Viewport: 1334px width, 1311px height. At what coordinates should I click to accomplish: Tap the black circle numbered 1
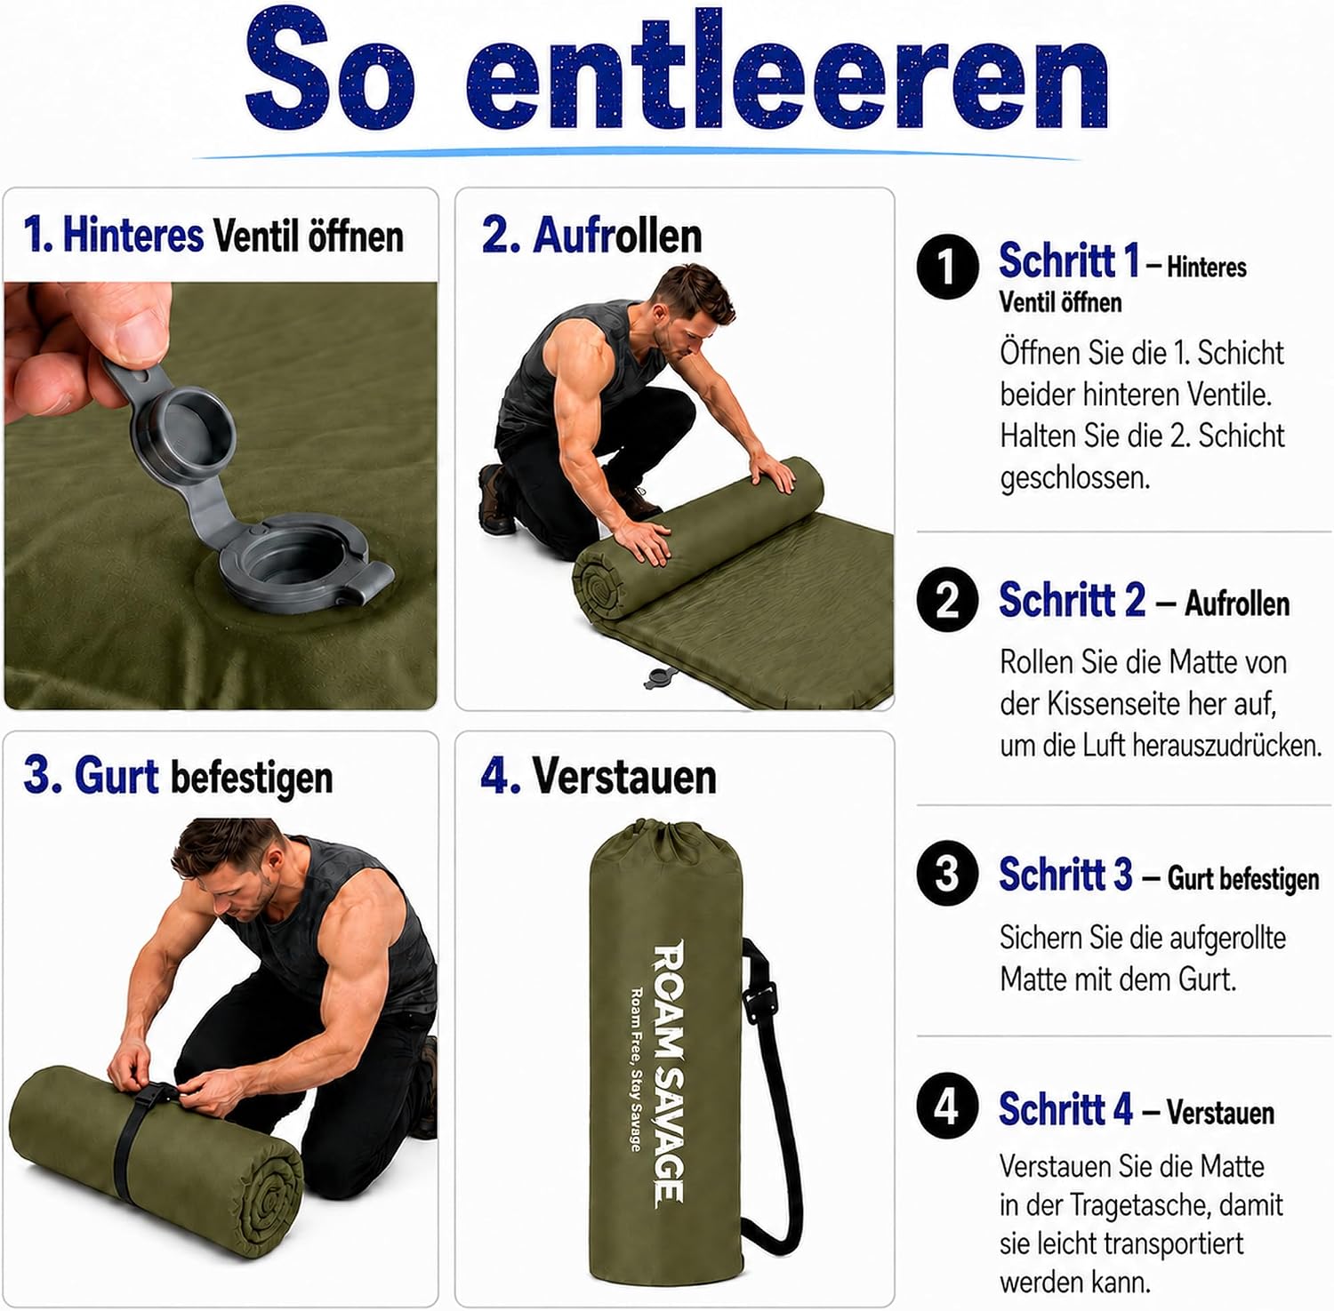tap(947, 266)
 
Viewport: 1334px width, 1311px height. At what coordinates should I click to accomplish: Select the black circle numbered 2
tap(947, 600)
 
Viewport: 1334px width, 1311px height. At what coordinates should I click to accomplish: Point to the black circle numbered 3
tap(947, 873)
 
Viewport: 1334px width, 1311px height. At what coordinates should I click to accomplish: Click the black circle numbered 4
tap(947, 1107)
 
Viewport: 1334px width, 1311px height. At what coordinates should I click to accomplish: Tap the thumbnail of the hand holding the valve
tap(221, 495)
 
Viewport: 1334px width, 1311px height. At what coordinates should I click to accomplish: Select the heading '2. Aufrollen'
tap(591, 236)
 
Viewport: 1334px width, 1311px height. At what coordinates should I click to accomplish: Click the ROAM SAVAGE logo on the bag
tap(668, 1074)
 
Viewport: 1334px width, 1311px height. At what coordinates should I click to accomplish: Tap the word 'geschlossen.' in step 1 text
tap(1074, 478)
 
